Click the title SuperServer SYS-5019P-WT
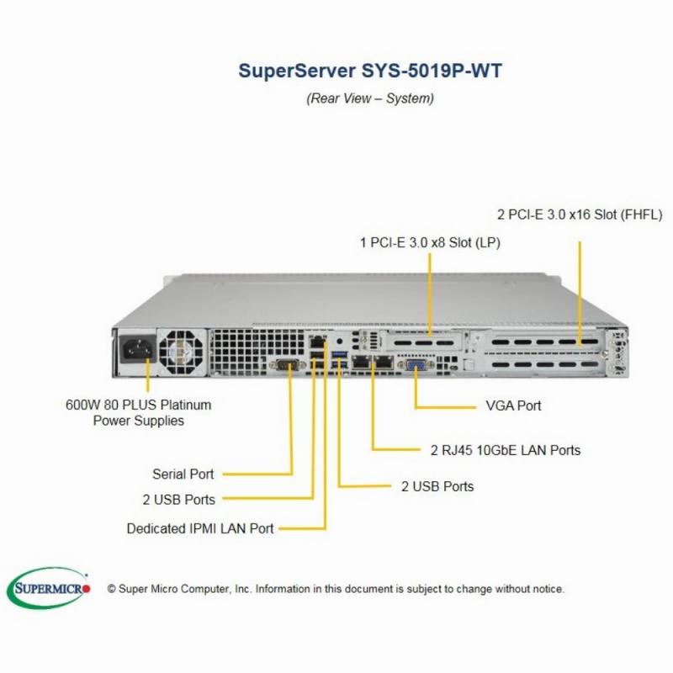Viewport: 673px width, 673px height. pyautogui.click(x=370, y=71)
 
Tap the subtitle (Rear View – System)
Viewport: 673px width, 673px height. pyautogui.click(x=370, y=98)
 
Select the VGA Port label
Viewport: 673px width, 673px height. pyautogui.click(x=513, y=405)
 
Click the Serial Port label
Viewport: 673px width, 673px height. pyautogui.click(x=183, y=474)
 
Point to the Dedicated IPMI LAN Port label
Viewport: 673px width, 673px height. pyautogui.click(x=200, y=528)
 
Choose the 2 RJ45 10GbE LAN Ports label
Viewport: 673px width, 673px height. pyautogui.click(x=506, y=450)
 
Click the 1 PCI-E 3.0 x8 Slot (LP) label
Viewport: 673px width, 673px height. pyautogui.click(x=430, y=243)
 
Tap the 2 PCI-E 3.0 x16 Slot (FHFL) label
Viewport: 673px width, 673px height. pyautogui.click(x=580, y=215)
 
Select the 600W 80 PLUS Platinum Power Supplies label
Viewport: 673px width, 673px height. pyautogui.click(x=138, y=412)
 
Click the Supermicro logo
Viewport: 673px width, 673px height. pyautogui.click(x=49, y=588)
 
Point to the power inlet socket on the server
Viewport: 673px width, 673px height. pyautogui.click(x=137, y=349)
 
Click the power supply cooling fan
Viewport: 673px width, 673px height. pyautogui.click(x=181, y=352)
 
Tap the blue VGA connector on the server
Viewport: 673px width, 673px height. pyautogui.click(x=416, y=366)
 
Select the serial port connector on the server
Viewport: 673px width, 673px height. pyautogui.click(x=287, y=365)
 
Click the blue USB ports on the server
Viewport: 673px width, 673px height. pyautogui.click(x=340, y=359)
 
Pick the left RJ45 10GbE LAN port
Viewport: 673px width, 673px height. pyautogui.click(x=362, y=363)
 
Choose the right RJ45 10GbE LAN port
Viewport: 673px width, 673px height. pyautogui.click(x=384, y=363)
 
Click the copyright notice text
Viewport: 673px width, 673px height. pyautogui.click(x=336, y=589)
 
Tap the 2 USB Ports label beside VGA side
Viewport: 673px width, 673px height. pyautogui.click(x=437, y=486)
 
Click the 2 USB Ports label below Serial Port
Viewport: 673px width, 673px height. pyautogui.click(x=178, y=500)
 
